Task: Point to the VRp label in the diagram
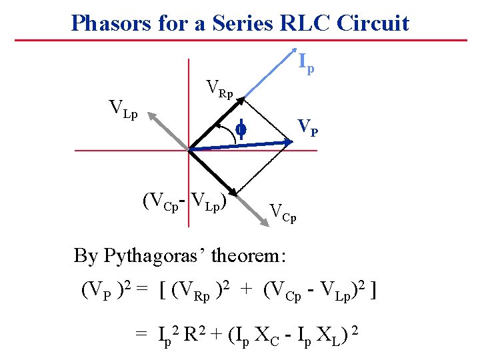click(x=220, y=89)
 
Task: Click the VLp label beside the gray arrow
click(x=123, y=109)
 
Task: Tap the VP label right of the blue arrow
click(x=307, y=126)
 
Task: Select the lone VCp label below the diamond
click(x=283, y=212)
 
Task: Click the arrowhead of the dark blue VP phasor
click(x=288, y=141)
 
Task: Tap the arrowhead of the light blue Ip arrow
click(x=291, y=54)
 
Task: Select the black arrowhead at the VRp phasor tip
click(x=240, y=100)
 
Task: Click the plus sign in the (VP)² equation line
click(x=246, y=290)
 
